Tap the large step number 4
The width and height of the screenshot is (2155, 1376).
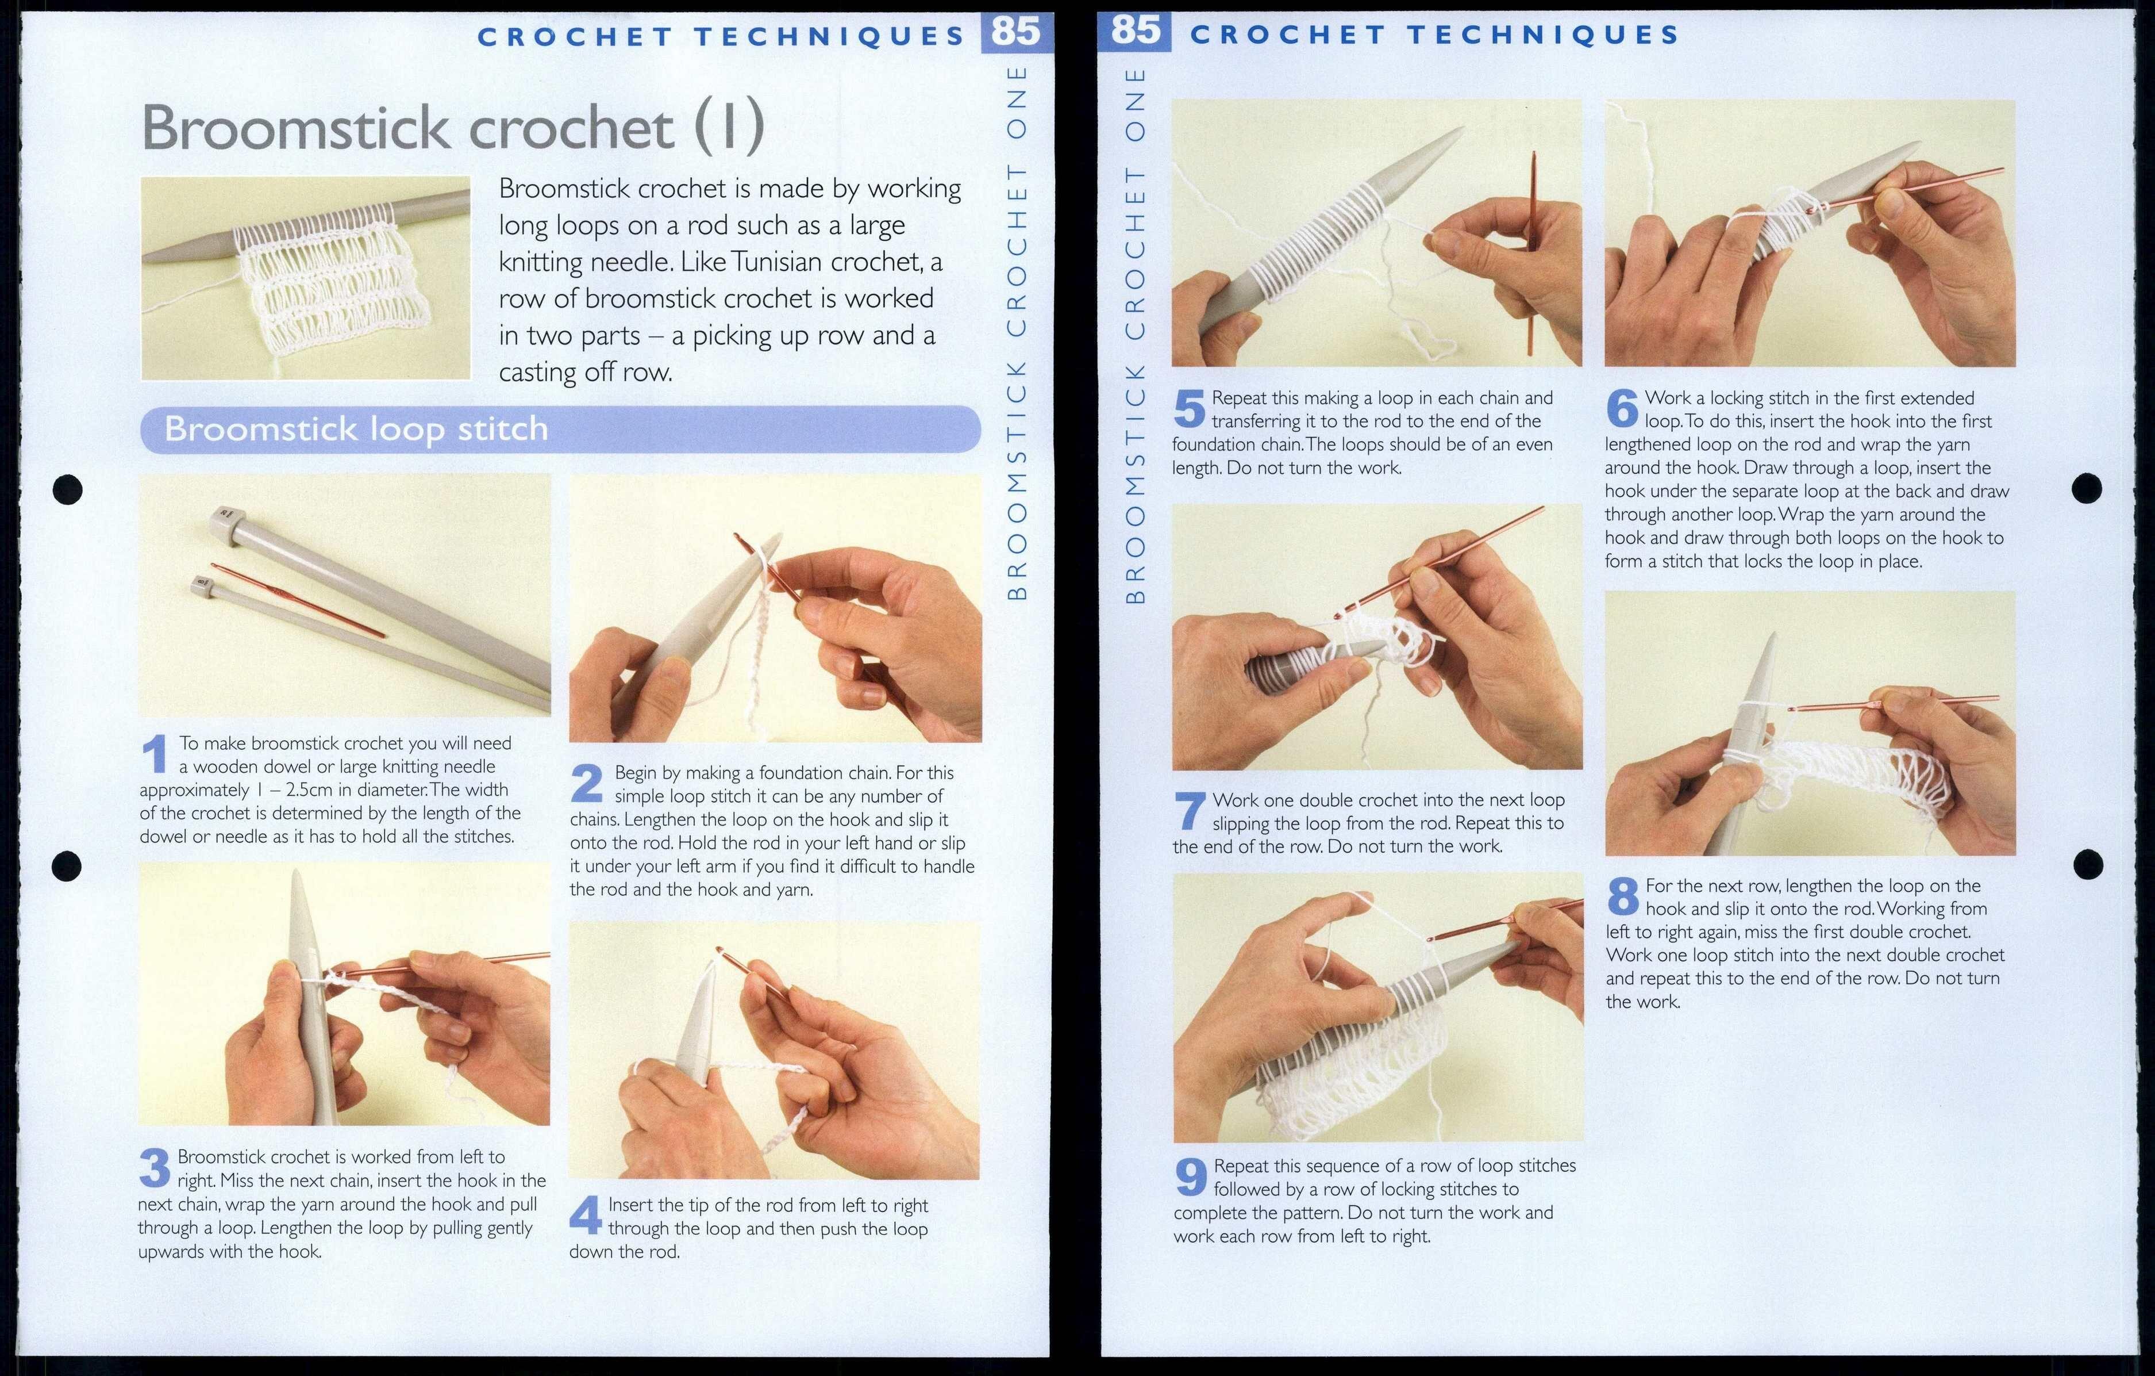[585, 1216]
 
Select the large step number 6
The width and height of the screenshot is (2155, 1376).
[1622, 408]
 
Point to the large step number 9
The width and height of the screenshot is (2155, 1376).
[1190, 1176]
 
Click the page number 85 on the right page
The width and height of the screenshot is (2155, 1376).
[1135, 30]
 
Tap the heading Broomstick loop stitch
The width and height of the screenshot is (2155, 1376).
[356, 429]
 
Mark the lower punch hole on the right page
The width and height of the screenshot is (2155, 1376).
[2087, 865]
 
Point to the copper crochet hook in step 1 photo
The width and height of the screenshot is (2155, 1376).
[295, 600]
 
